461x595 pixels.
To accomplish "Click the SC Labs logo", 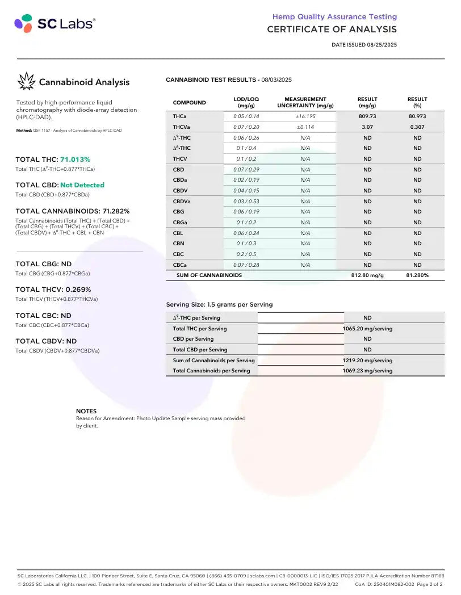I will (55, 23).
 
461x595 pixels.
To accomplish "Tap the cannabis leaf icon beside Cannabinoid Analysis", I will (26, 82).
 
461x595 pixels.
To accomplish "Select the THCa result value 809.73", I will (367, 116).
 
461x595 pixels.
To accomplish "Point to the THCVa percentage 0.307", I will (417, 127).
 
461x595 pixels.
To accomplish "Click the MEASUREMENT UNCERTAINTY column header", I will (305, 102).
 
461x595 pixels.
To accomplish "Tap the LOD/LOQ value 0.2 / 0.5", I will (246, 254).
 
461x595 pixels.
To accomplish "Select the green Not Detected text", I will (82, 185).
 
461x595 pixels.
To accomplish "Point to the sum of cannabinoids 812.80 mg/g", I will (367, 275).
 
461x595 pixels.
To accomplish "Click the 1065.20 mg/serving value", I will (367, 329).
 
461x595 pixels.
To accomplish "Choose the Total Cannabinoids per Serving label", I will (211, 371).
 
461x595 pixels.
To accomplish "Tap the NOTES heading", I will (86, 411).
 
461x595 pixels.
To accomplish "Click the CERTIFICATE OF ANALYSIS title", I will (332, 30).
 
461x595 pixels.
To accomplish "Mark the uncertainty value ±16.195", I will (305, 116).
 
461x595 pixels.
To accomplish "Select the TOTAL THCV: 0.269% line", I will (53, 290).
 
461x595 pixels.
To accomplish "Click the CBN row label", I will (179, 244).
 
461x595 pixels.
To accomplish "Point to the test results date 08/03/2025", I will (276, 80).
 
